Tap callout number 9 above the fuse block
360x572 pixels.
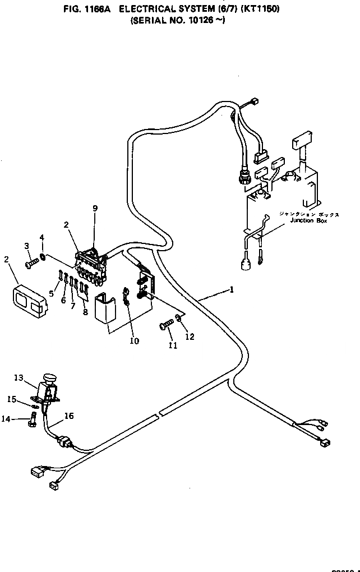(x=95, y=209)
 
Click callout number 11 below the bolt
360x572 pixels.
(x=173, y=345)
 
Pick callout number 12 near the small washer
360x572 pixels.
(x=190, y=336)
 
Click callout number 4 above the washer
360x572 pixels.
(x=42, y=238)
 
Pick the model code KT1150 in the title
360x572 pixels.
(x=261, y=10)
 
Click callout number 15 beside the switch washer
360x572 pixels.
(x=12, y=399)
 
